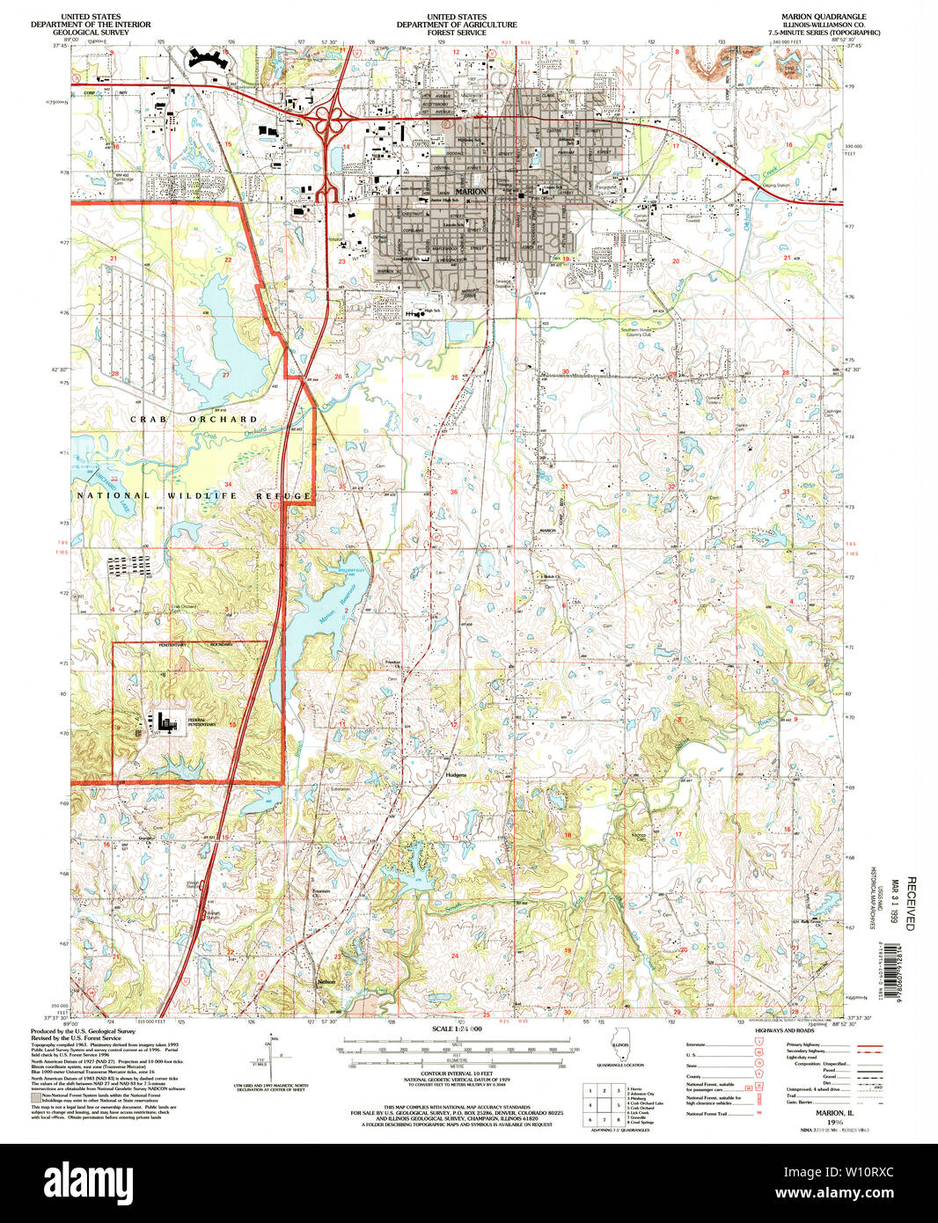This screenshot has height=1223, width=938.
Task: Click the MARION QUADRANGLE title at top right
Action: pos(823,17)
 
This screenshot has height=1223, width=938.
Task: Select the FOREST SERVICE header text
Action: pos(456,33)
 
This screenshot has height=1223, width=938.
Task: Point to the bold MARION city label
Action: pos(471,192)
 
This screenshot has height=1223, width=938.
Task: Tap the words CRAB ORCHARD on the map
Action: pos(194,420)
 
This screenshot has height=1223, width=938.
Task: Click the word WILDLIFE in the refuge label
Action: pos(202,496)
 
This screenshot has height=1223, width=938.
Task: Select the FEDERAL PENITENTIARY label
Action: pos(202,722)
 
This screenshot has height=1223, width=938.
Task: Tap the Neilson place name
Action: pos(327,981)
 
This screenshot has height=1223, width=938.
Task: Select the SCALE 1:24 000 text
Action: pos(457,1029)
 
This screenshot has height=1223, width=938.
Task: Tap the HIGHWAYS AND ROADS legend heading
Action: pos(788,1030)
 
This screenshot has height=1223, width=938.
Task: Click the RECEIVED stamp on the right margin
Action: pos(911,903)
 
